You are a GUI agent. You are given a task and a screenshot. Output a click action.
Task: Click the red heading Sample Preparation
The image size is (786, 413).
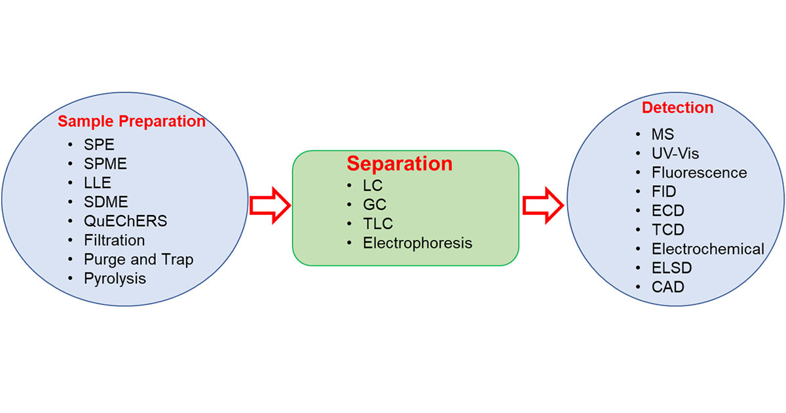pos(132,122)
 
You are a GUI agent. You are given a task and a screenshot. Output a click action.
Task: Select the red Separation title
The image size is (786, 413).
pos(400,163)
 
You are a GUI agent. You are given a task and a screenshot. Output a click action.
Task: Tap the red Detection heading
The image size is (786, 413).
pos(677,108)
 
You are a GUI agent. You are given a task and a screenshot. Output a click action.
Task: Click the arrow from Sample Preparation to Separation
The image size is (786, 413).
pos(270,206)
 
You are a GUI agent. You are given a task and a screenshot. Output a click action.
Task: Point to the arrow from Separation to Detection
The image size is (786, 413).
pos(542,206)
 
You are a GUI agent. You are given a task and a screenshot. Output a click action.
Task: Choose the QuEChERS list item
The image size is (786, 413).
pos(126,222)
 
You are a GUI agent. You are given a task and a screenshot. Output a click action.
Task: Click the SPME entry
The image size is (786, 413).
pos(105,164)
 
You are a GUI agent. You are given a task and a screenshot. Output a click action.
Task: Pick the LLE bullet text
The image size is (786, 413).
pos(98,183)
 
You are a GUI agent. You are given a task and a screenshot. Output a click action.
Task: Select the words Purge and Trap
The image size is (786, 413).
pos(139,260)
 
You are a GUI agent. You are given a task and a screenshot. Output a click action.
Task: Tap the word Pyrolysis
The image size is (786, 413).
pos(115,279)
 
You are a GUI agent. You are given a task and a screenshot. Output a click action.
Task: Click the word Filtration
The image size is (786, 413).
pos(115,241)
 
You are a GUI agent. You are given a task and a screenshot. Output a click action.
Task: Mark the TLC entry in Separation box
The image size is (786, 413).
pos(378,224)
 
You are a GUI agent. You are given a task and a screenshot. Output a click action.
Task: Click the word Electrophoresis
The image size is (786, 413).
pos(418,243)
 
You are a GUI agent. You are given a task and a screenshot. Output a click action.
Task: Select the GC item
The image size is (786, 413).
pos(375,205)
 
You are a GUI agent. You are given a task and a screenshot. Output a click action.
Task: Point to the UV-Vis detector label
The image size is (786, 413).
pos(675,153)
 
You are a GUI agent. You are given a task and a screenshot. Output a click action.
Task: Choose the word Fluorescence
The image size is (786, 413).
pos(699,173)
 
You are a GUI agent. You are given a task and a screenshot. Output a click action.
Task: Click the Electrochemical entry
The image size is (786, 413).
pos(707,249)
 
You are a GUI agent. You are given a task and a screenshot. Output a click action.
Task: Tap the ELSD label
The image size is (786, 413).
pos(671,268)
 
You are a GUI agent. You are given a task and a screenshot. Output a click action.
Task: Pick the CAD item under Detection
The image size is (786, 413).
pos(668,287)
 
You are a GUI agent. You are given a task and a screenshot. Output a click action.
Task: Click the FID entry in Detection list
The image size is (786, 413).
pos(664,192)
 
